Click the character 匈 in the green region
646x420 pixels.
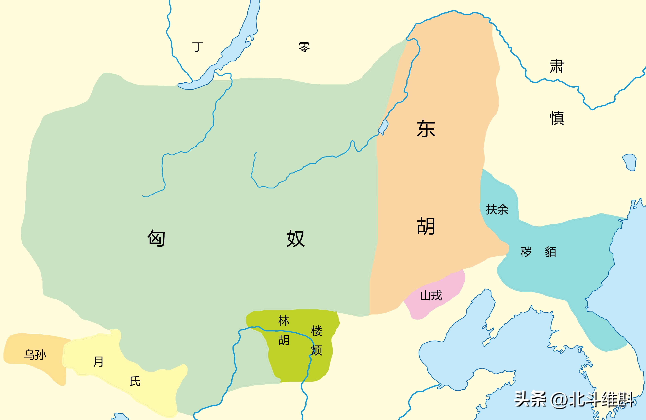tap(157, 238)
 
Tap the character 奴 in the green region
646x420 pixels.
tap(296, 238)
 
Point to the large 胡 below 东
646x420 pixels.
tap(426, 226)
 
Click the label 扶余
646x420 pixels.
tap(497, 210)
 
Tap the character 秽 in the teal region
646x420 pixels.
tap(526, 252)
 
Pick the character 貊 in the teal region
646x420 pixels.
tap(550, 252)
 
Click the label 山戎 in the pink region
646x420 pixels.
tap(431, 295)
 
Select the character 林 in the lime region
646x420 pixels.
tap(284, 321)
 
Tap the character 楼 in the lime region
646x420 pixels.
tap(316, 331)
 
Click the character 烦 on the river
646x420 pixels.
tap(316, 350)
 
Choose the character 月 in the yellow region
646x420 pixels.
tap(98, 361)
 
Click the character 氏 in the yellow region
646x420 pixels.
tap(135, 381)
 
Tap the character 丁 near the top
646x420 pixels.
tap(198, 47)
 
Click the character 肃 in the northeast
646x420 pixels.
tap(557, 66)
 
